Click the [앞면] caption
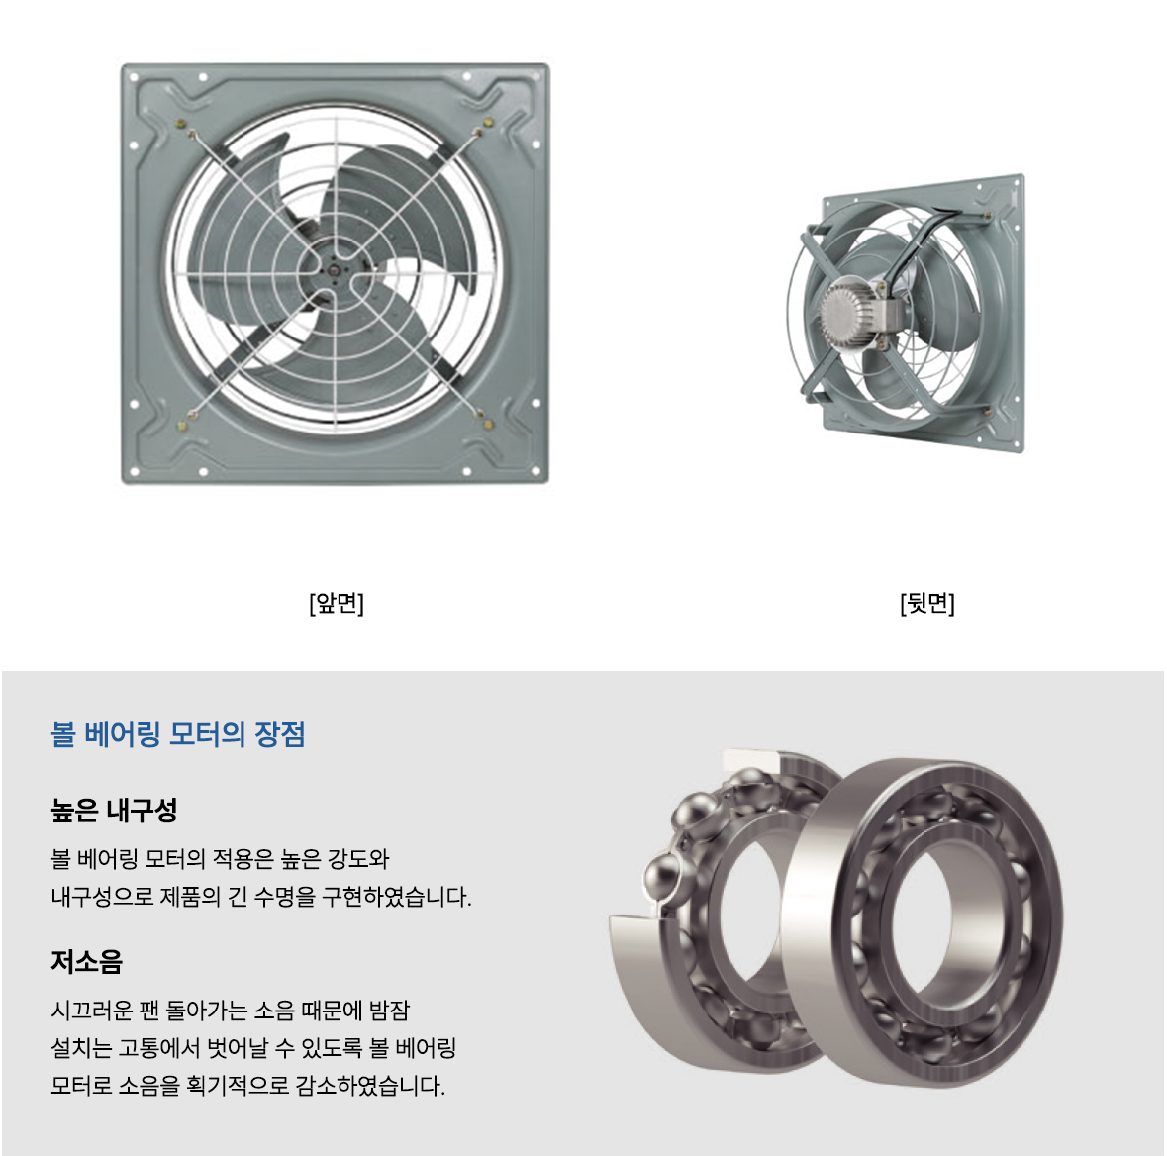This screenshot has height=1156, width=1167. point(337,602)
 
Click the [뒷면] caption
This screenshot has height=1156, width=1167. point(926,602)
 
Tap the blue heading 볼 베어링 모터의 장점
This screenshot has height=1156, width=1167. point(178,734)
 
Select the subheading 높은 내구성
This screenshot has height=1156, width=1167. point(114,810)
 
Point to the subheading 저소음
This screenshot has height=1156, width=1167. point(86,962)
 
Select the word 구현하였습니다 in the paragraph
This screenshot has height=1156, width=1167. point(396,897)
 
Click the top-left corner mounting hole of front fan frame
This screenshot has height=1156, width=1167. point(134,76)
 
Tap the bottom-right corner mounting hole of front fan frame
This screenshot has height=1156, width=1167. point(535,471)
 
